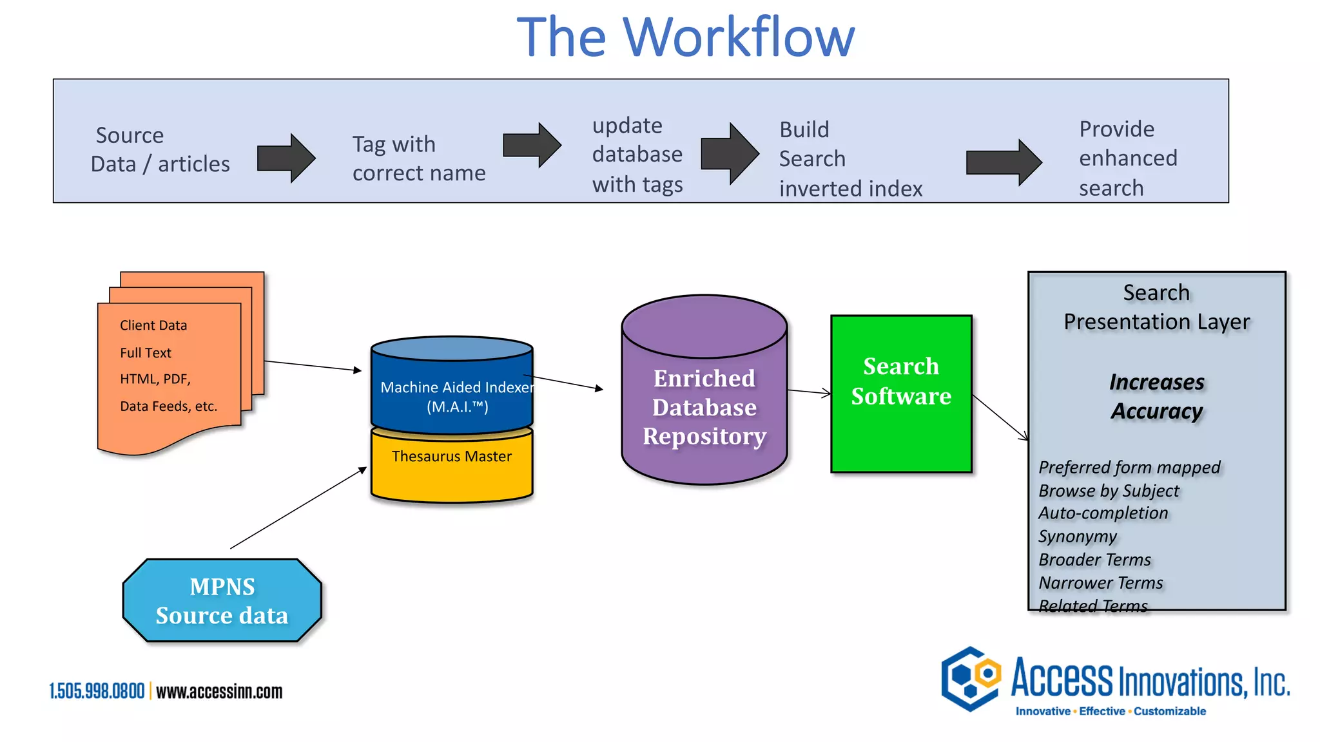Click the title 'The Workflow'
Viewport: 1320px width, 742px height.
click(685, 37)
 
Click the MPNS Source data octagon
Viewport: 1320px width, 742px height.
click(222, 600)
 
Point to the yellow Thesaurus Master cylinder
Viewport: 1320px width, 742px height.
click(451, 467)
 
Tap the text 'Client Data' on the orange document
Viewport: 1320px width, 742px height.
click(153, 325)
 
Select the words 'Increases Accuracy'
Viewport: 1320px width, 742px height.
click(1156, 396)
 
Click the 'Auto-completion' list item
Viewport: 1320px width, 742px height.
click(1103, 513)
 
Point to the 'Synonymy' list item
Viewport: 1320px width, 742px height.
click(1077, 537)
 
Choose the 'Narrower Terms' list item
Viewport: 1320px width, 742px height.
click(1100, 583)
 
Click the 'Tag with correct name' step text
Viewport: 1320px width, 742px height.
click(418, 158)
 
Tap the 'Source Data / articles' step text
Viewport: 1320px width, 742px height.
click(160, 149)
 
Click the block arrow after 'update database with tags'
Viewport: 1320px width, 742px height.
click(729, 154)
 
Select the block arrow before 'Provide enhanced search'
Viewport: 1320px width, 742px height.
click(1003, 162)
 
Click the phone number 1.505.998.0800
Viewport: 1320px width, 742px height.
click(97, 691)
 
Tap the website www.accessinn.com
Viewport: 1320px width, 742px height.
click(219, 691)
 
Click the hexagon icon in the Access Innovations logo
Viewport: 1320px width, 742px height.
click(971, 678)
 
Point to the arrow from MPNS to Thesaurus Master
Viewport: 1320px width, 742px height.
click(298, 508)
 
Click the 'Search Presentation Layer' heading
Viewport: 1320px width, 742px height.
click(1156, 307)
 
